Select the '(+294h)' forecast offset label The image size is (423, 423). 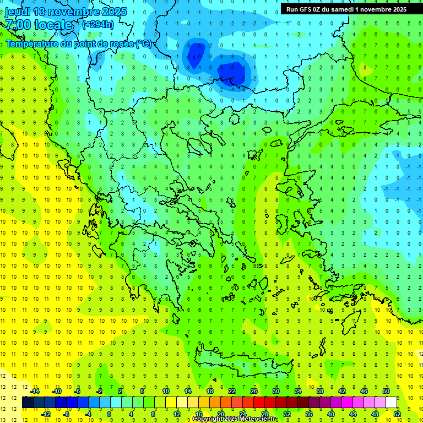pos(97,24)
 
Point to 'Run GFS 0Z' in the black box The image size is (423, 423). pos(305,9)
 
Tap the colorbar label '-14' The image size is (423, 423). pos(35,391)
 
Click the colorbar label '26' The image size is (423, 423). pos(254,391)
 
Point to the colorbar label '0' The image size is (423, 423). pos(109,414)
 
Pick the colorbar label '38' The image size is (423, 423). pos(319,391)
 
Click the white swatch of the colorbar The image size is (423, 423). pos(392,403)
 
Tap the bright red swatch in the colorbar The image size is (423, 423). pos(259,403)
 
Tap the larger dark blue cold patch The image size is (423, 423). pos(234,72)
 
